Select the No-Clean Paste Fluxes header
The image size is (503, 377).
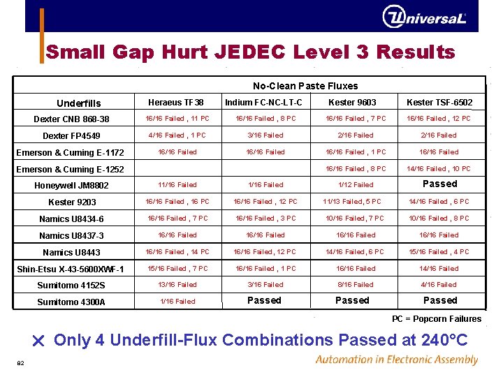click(x=305, y=86)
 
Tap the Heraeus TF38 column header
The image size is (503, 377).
click(x=176, y=103)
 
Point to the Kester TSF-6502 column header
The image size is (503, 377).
click(x=439, y=103)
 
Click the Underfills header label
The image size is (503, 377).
click(x=78, y=103)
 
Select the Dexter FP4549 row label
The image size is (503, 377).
click(x=71, y=136)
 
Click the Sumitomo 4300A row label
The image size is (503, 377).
click(x=71, y=302)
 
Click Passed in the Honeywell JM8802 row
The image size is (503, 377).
click(x=440, y=184)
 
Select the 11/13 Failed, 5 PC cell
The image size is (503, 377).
click(x=352, y=202)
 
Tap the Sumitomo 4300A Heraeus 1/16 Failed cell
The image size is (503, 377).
click(x=177, y=302)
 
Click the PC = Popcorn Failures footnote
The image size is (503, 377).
click(x=437, y=319)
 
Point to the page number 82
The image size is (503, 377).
click(x=21, y=362)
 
